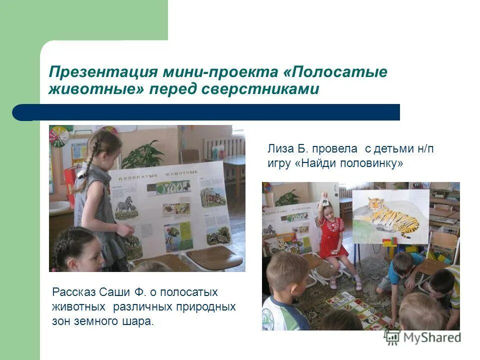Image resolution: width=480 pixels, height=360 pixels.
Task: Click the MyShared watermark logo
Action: [422, 337]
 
